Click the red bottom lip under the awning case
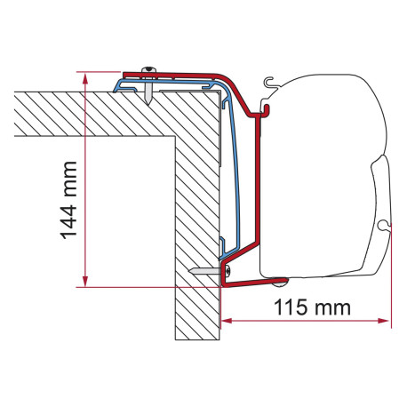click(253, 283)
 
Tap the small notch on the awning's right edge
click(384, 227)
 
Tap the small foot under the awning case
click(280, 283)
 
